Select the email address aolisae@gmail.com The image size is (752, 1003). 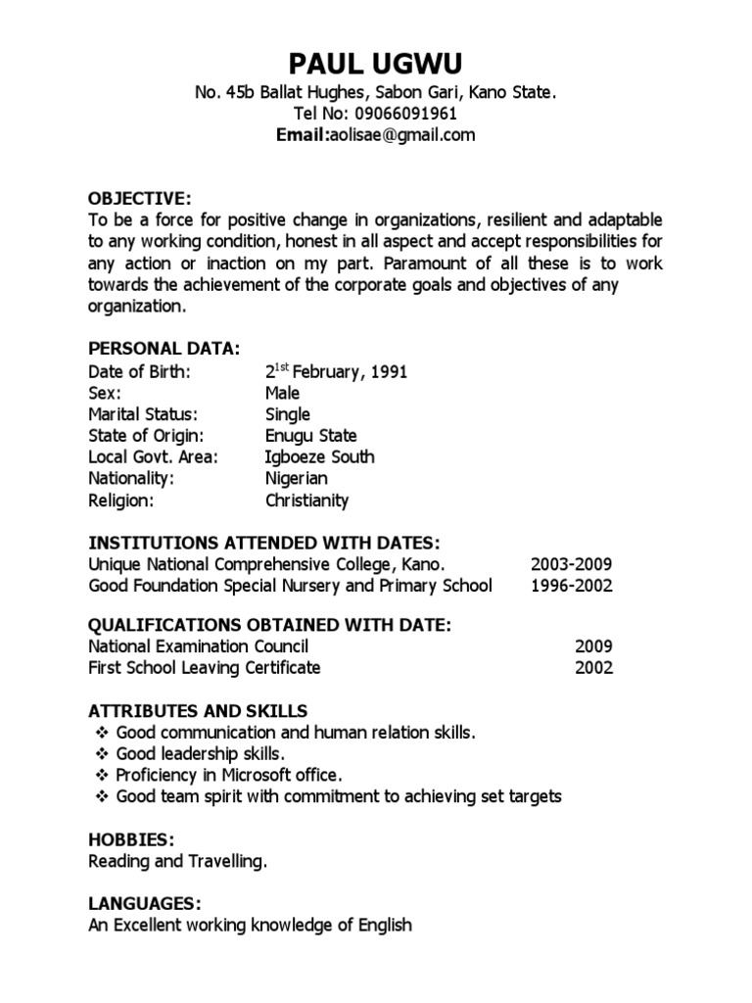[x=399, y=135]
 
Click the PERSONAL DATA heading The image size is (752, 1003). [x=164, y=350]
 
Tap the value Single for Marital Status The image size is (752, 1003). [x=287, y=414]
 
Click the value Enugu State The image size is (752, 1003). [x=310, y=436]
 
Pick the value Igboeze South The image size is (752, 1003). [x=319, y=457]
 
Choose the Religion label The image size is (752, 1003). [x=121, y=501]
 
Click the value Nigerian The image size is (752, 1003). [x=296, y=479]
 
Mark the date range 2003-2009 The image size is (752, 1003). [x=572, y=564]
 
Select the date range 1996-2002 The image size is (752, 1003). [x=572, y=586]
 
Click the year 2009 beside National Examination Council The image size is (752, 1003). [x=593, y=646]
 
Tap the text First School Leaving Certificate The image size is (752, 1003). [x=204, y=668]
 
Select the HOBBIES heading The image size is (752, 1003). [x=132, y=839]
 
